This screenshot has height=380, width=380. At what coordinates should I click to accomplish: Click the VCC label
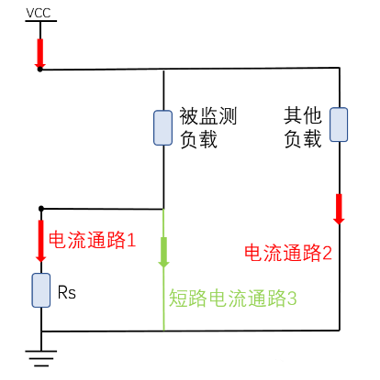(x=39, y=13)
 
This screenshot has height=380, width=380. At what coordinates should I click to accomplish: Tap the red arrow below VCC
(x=39, y=53)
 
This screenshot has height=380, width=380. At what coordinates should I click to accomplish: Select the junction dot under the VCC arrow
(x=39, y=70)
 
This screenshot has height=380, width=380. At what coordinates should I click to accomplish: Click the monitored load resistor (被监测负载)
(x=162, y=127)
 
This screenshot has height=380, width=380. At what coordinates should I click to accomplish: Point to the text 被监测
(x=208, y=116)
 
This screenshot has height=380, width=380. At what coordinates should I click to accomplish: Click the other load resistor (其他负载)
(x=339, y=125)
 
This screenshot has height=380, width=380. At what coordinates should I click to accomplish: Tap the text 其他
(x=303, y=115)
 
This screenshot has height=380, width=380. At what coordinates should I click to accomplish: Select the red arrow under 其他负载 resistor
(x=339, y=209)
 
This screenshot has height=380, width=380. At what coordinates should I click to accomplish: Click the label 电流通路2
(x=288, y=253)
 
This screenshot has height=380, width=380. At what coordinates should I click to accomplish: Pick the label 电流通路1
(x=92, y=240)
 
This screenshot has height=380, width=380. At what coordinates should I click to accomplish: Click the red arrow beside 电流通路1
(x=40, y=241)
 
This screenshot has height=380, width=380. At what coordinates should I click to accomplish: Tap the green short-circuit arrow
(x=163, y=253)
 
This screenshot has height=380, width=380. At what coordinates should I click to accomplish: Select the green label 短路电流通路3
(x=233, y=298)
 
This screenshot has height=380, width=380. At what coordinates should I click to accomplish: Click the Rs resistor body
(x=41, y=290)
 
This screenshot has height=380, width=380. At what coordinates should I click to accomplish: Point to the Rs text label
(x=67, y=293)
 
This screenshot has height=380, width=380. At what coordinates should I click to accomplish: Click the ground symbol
(x=41, y=358)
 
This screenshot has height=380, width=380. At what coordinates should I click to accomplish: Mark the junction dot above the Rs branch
(x=41, y=209)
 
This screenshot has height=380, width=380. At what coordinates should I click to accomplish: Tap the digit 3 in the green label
(x=292, y=299)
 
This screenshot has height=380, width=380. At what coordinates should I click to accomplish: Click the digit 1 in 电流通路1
(x=131, y=240)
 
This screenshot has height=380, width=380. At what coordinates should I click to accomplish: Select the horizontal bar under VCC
(x=40, y=21)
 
